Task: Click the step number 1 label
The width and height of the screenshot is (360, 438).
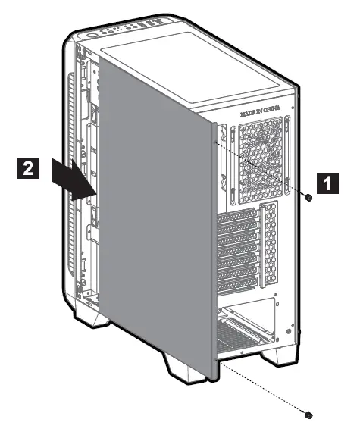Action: [x=327, y=183]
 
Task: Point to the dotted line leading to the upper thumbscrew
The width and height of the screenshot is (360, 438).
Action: [x=265, y=171]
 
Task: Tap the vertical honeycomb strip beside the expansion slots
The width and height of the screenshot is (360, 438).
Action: [x=268, y=242]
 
